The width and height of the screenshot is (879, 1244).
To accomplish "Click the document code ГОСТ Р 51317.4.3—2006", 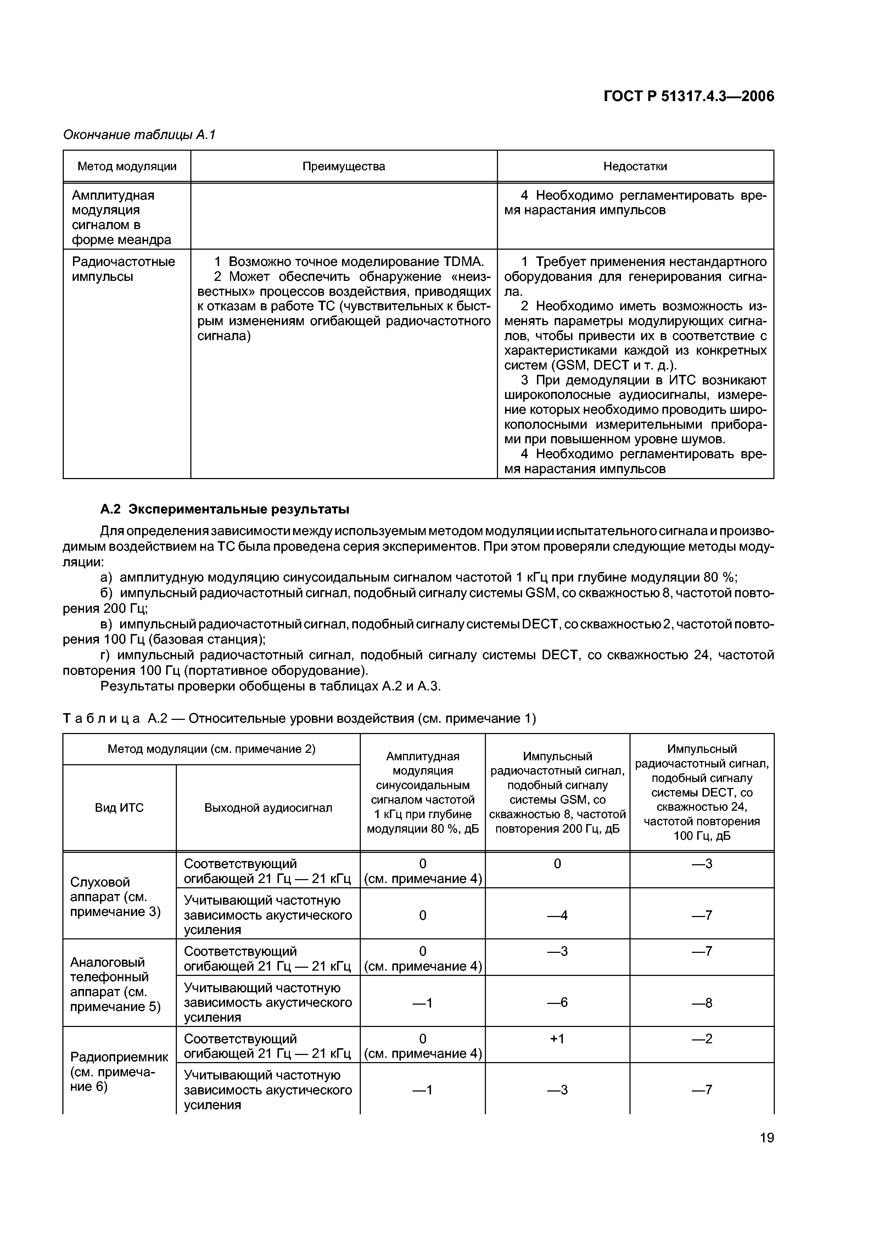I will click(689, 96).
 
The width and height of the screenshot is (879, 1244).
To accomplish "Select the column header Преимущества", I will click(343, 166).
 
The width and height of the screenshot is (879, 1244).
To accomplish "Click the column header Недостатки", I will click(635, 166).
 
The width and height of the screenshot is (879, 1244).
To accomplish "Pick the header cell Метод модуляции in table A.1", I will click(127, 166).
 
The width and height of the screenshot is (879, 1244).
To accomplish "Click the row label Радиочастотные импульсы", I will click(123, 269).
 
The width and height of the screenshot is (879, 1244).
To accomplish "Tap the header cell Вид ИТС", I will click(119, 808).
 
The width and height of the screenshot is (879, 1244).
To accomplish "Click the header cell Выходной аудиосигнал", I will click(268, 808).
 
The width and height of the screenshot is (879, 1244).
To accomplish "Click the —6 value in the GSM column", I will click(557, 1003).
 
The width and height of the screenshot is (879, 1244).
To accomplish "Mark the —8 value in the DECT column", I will click(701, 1003).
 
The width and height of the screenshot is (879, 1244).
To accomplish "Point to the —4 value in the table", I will click(557, 915).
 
